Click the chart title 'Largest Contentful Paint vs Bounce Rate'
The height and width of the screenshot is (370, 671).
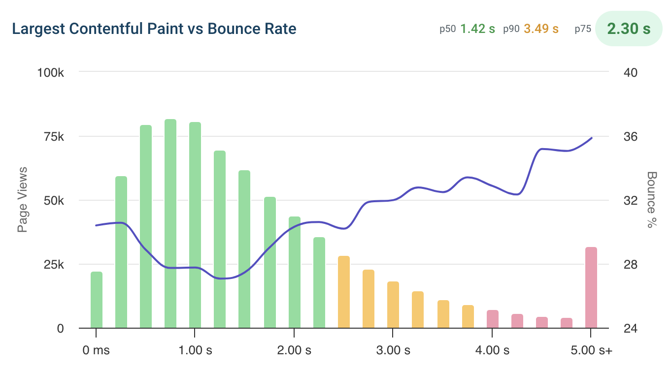coord(154,29)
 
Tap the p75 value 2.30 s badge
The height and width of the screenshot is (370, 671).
coord(629,29)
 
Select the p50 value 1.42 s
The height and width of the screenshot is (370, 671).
coord(477,29)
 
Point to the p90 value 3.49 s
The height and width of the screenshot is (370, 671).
coord(541,29)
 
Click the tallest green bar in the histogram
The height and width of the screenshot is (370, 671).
coord(170,224)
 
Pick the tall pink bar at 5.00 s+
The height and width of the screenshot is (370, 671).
coord(591,288)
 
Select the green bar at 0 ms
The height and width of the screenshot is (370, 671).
coord(97,300)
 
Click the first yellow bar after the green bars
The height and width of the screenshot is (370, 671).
coord(344,292)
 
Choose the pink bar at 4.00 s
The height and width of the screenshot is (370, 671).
coord(492,319)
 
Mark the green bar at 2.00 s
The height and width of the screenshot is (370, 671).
coord(295,273)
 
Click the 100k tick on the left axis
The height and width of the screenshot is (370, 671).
coord(51,72)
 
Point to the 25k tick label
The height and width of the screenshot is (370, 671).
coord(54,265)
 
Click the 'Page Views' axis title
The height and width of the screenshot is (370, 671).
coord(23,199)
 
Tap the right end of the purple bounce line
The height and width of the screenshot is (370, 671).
coord(591,138)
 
